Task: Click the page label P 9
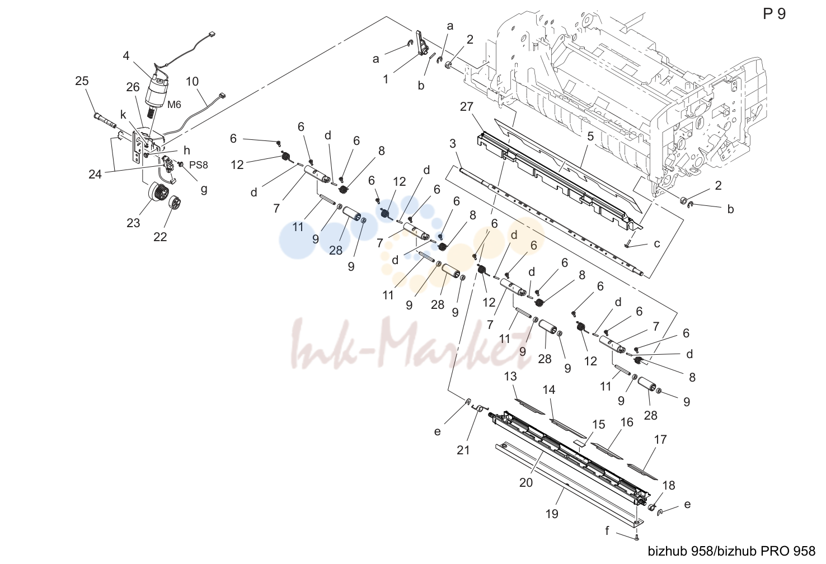[774, 14]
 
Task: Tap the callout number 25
[82, 81]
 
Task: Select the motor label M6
[174, 105]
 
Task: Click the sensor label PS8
[199, 164]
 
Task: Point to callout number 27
[467, 106]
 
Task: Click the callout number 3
[453, 143]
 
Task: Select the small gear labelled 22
[176, 203]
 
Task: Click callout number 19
[552, 514]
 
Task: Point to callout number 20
[526, 482]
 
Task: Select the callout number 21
[463, 450]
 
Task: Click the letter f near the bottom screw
[607, 531]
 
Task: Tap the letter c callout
[657, 243]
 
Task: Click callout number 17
[660, 439]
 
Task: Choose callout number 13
[510, 377]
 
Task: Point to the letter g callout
[204, 189]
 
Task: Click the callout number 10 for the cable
[192, 81]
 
